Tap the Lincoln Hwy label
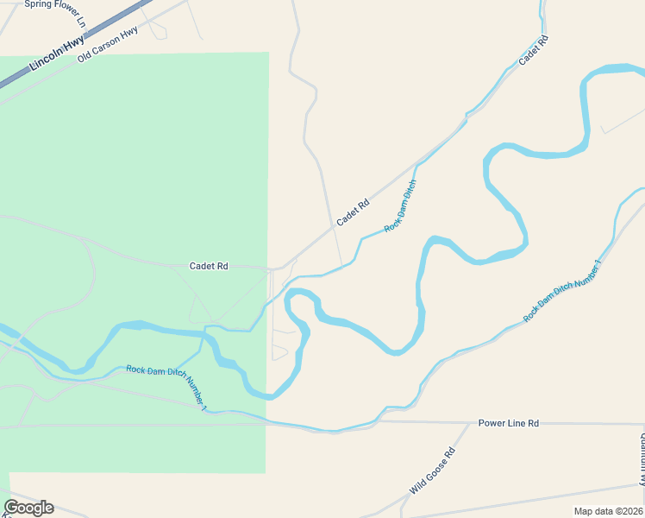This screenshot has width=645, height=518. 57,53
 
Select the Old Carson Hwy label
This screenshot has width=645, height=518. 108,45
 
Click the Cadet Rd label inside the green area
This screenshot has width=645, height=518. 209,267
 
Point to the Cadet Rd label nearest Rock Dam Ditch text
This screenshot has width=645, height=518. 353,212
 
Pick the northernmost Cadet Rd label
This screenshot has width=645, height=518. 534,51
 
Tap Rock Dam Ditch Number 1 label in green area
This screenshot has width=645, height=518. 166,388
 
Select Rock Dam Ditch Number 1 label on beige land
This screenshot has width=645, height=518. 561,290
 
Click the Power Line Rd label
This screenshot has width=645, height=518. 509,423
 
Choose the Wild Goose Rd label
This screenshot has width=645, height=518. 432,471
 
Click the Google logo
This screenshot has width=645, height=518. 28,508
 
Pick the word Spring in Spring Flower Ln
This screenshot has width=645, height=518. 38,4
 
